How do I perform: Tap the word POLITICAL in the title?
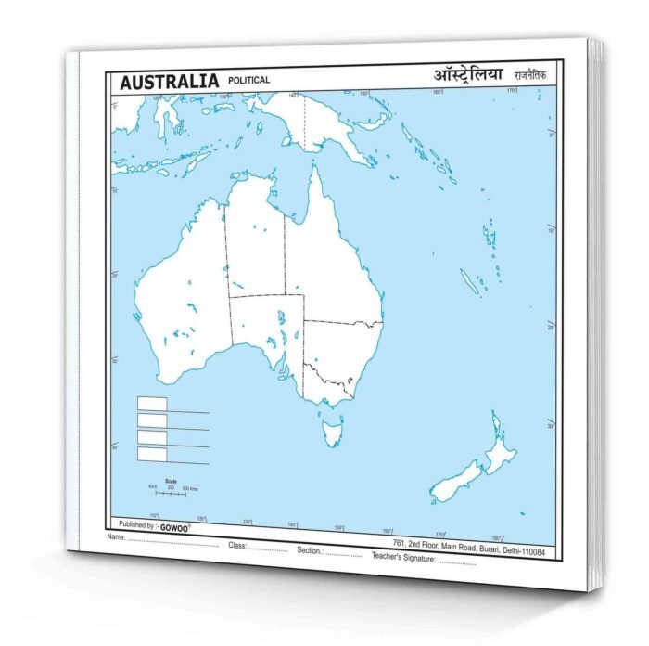pyautogui.click(x=248, y=80)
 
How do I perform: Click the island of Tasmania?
pyautogui.click(x=331, y=430)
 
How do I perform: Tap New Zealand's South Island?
pyautogui.click(x=455, y=482)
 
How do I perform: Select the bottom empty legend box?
pyautogui.click(x=152, y=454)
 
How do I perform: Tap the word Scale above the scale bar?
pyautogui.click(x=171, y=480)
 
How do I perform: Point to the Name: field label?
pyautogui.click(x=116, y=537)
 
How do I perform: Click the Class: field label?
pyautogui.click(x=237, y=545)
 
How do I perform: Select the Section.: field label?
pyautogui.click(x=311, y=549)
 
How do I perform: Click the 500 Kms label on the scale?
pyautogui.click(x=189, y=489)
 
